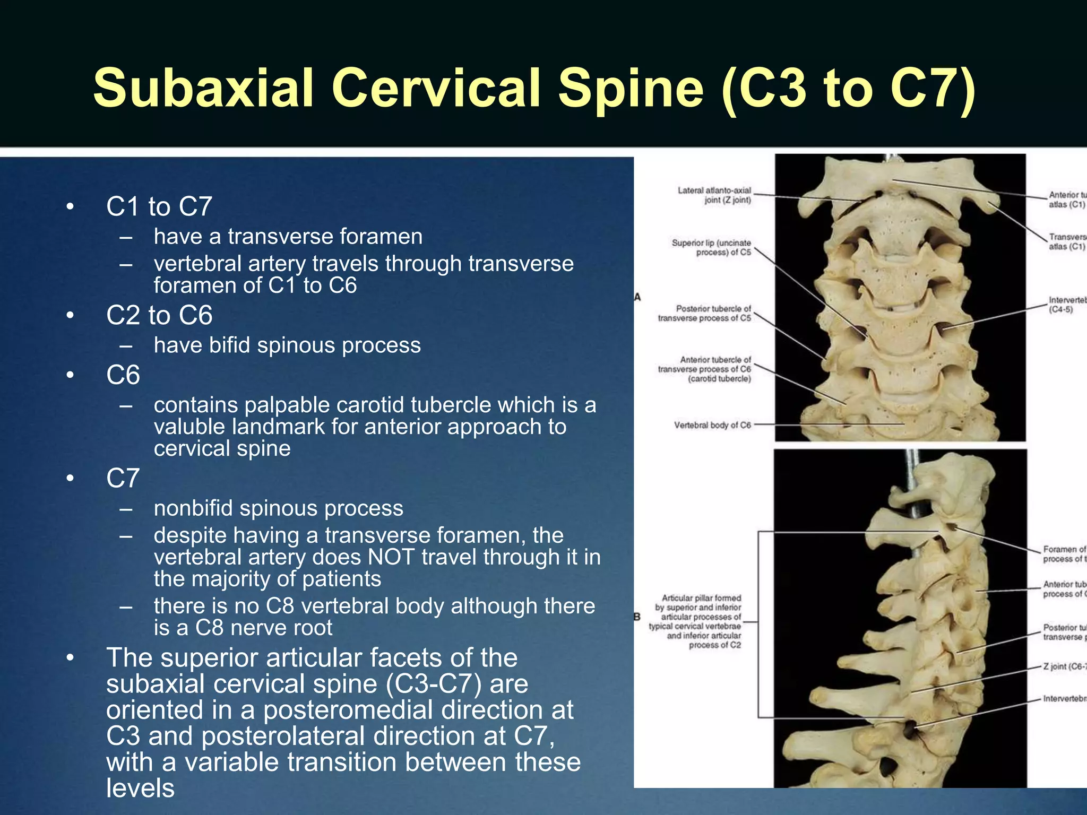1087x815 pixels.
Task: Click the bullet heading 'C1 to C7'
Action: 159,206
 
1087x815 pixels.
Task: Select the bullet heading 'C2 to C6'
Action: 159,315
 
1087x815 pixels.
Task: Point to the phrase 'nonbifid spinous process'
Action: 278,508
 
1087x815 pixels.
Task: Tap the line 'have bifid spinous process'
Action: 287,345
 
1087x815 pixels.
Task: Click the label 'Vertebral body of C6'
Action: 712,425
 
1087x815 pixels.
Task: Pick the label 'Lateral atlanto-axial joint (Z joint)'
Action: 715,195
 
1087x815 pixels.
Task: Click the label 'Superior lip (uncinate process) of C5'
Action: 712,247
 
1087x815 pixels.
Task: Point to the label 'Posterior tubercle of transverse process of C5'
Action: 705,313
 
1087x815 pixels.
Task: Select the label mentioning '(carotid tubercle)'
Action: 719,379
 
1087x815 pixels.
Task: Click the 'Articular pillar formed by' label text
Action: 701,598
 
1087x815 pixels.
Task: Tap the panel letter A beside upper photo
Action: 637,297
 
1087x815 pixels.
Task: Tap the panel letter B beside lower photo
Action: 637,617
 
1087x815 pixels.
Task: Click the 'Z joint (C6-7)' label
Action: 1064,666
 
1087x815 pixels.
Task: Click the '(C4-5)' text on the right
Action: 1060,309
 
